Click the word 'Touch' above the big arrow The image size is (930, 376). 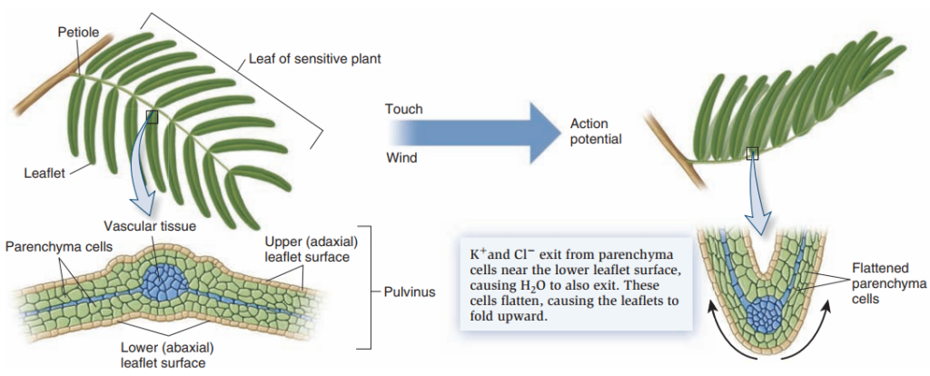pyautogui.click(x=403, y=109)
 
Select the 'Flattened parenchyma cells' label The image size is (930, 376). pyautogui.click(x=886, y=283)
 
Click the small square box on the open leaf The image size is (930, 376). pyautogui.click(x=152, y=117)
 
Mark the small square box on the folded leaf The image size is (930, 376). pyautogui.click(x=752, y=154)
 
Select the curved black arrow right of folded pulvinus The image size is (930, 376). pyautogui.click(x=828, y=327)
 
